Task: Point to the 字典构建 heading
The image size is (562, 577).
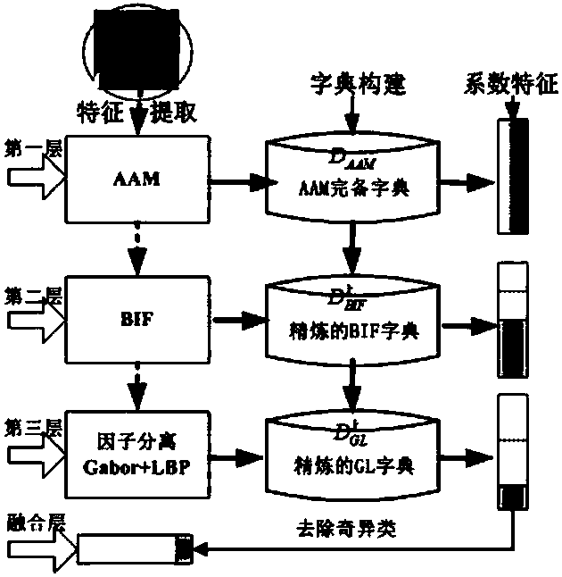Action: click(x=354, y=85)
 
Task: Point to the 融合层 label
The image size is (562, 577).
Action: click(x=30, y=521)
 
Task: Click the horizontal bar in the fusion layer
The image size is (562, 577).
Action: click(x=134, y=547)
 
